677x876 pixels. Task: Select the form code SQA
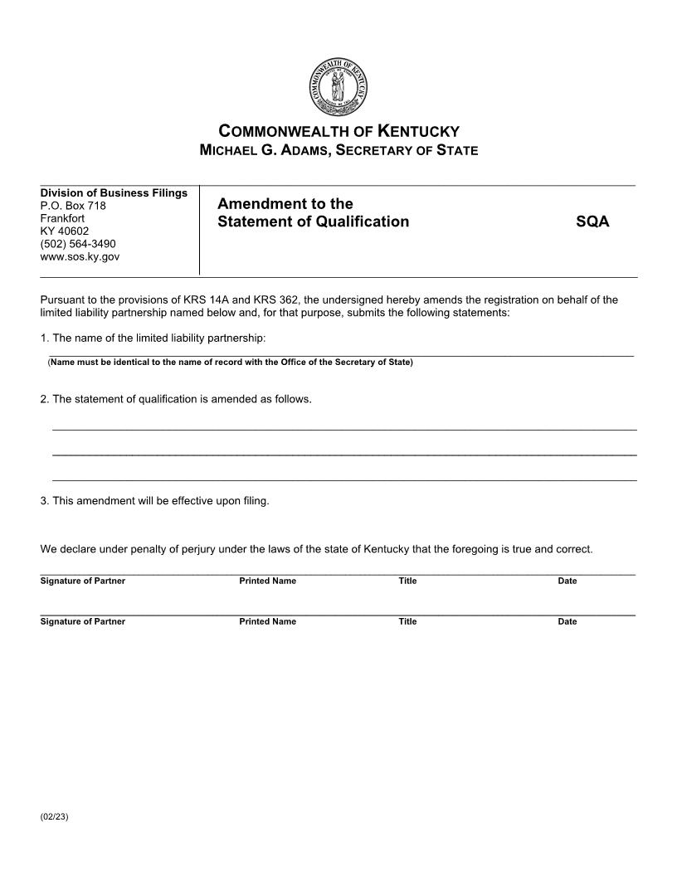[x=592, y=221]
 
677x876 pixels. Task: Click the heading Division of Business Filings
[x=114, y=193]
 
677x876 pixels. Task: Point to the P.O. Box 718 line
[x=73, y=206]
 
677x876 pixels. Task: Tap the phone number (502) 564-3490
[x=78, y=244]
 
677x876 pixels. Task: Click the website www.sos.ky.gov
[x=80, y=256]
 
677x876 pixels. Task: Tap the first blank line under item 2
[x=344, y=429]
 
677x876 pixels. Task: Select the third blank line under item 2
[x=344, y=480]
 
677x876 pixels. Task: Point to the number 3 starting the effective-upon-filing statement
[x=43, y=501]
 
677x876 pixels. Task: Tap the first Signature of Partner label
[x=82, y=582]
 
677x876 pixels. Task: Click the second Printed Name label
[x=267, y=622]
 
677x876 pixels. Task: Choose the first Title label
[x=407, y=582]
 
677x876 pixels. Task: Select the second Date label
[x=567, y=622]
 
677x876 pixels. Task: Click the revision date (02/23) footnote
[x=54, y=817]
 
